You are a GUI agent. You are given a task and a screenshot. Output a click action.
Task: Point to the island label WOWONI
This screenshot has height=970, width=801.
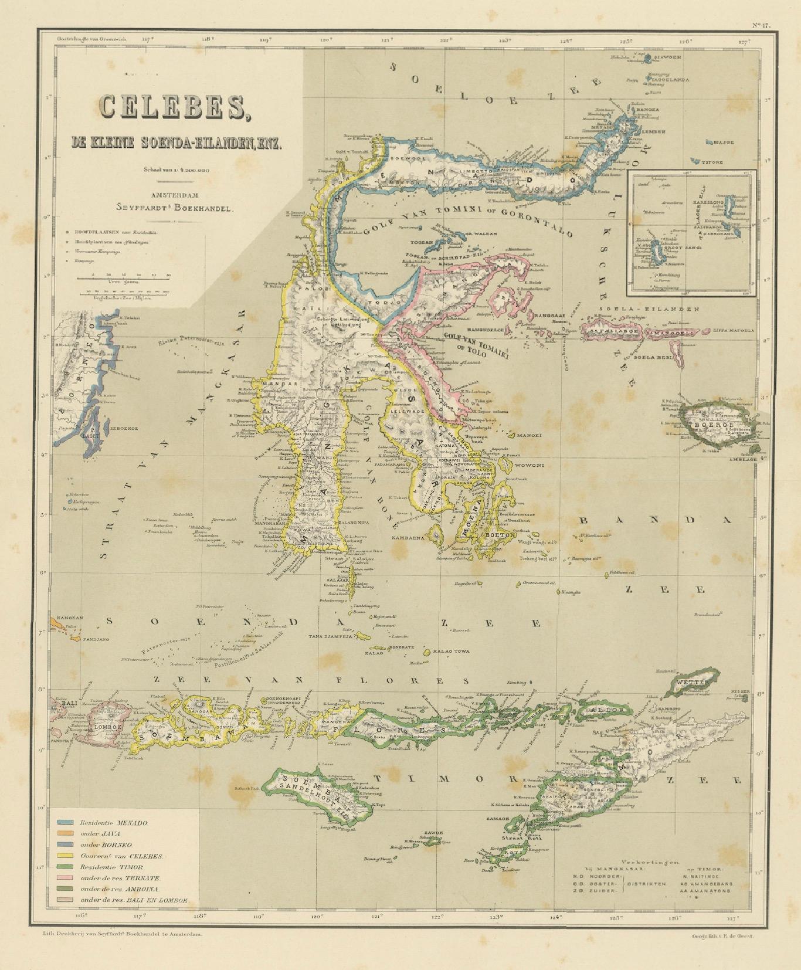point(530,466)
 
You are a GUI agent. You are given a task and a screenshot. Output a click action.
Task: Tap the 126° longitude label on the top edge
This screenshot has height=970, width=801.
point(685,42)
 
